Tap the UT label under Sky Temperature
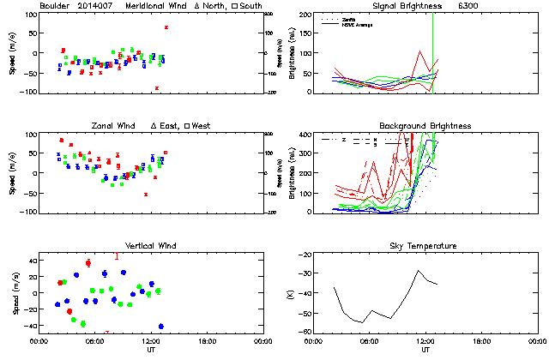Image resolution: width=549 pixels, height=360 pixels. click(425, 350)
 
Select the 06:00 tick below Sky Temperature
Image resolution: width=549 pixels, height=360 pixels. click(370, 341)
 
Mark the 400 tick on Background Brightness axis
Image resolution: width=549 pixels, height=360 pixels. click(305, 135)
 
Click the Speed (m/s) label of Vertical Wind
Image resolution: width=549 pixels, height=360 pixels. click(11, 294)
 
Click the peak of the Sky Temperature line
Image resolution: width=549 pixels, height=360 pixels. click(419, 271)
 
